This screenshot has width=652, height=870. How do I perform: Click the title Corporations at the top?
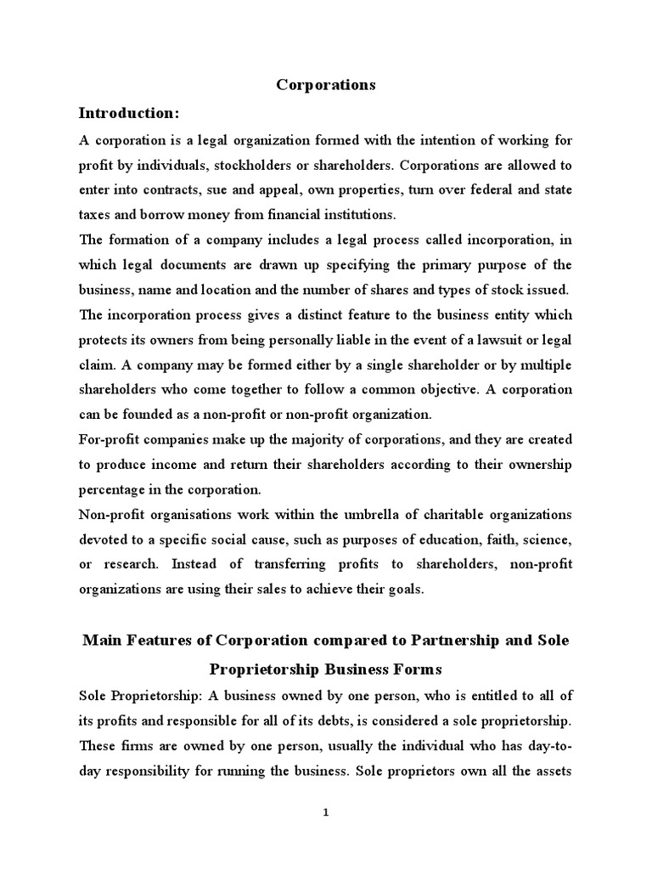[x=326, y=85]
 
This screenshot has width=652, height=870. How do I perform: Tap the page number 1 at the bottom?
[x=326, y=812]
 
